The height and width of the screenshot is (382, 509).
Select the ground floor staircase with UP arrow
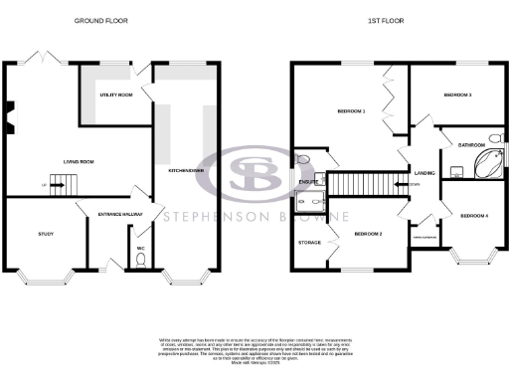pos(63,183)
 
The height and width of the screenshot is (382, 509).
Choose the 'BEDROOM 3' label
pos(457,95)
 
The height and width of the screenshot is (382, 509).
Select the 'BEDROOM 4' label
pos(473,215)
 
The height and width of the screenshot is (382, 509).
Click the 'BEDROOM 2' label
pos(367,234)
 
